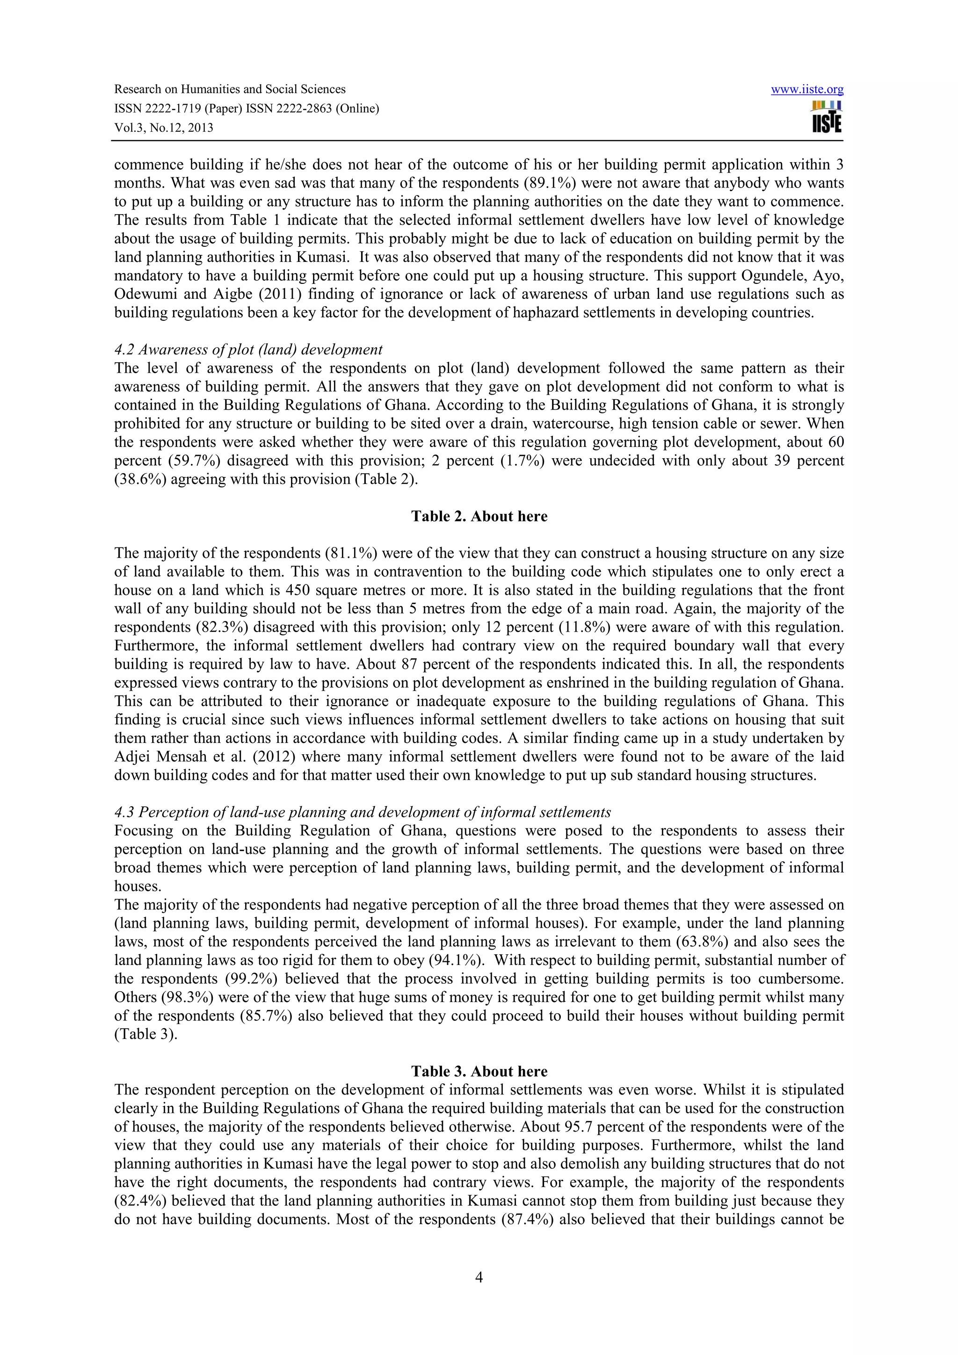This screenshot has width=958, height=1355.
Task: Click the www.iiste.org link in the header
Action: click(807, 90)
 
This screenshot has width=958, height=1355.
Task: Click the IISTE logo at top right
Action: click(827, 117)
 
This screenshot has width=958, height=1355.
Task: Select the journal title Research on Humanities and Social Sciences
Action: click(230, 90)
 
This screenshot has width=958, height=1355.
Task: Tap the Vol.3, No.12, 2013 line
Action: click(164, 128)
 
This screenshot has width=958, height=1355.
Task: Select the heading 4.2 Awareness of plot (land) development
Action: click(248, 350)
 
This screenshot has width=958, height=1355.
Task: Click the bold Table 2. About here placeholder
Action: click(479, 516)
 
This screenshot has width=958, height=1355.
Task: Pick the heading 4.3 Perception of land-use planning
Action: click(363, 813)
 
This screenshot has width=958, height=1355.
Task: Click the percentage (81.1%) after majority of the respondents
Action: click(351, 554)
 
